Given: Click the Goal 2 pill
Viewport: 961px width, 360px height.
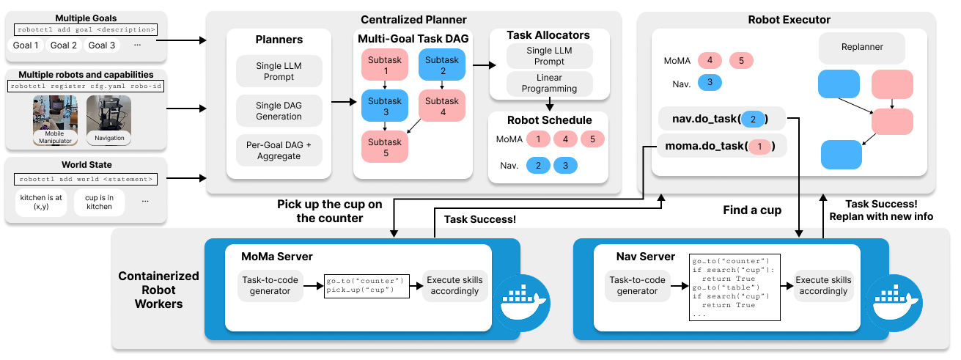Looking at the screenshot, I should coord(64,45).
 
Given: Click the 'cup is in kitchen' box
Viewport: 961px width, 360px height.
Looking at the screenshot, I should coord(99,202).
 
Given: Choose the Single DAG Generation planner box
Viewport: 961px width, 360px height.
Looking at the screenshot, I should coord(279,111).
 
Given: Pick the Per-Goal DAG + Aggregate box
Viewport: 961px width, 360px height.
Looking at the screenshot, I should coord(279,150).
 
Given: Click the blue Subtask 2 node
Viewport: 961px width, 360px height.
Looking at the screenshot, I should coord(441,65).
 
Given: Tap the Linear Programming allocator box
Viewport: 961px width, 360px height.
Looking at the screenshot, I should coord(549,84).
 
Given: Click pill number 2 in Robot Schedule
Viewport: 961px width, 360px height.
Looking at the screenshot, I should coord(538,166).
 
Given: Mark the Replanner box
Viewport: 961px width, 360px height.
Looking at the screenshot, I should coord(862,47).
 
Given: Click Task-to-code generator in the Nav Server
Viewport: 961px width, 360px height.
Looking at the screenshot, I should coord(637,285).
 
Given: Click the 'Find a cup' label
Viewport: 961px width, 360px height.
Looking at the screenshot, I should coord(753,210).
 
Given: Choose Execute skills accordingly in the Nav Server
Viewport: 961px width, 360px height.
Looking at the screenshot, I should coord(823,285).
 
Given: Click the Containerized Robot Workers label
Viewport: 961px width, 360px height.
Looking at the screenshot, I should coord(158,290).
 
